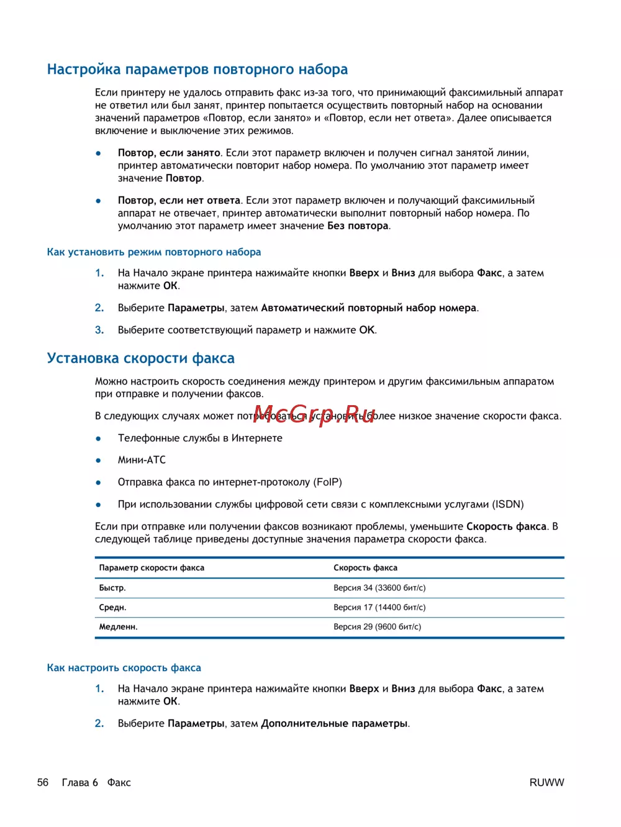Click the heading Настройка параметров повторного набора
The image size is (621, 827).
click(197, 70)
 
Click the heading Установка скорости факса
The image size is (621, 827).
click(141, 359)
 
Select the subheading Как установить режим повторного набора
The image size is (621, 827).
click(154, 252)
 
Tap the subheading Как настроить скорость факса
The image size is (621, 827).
click(124, 668)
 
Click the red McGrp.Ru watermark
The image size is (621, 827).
click(314, 414)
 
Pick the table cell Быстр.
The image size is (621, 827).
click(112, 588)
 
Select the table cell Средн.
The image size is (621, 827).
click(113, 608)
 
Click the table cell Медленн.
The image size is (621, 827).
click(119, 627)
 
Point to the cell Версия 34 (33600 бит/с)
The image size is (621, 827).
click(379, 588)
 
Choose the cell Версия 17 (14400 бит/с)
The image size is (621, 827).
click(379, 608)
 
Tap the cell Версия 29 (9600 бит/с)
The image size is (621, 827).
click(377, 627)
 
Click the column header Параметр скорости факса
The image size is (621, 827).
click(152, 568)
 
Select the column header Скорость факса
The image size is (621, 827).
click(365, 568)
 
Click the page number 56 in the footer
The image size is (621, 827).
click(43, 783)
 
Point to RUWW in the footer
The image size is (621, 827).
click(546, 783)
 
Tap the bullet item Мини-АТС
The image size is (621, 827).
click(142, 460)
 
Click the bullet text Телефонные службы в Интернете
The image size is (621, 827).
click(200, 438)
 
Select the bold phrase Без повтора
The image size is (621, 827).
click(358, 226)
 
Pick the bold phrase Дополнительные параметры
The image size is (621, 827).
click(334, 724)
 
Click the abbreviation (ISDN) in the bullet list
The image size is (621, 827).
click(508, 505)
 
